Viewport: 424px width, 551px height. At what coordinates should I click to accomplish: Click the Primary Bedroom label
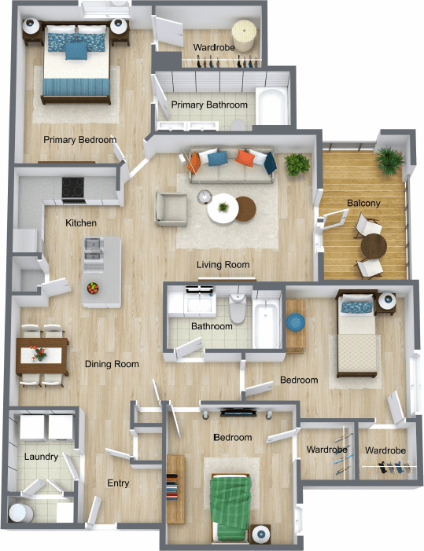click(x=79, y=140)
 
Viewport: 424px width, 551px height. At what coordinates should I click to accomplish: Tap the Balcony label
click(x=363, y=203)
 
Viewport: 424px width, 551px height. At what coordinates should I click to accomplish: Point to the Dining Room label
click(x=112, y=364)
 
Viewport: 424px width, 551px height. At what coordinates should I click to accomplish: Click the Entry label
click(x=118, y=483)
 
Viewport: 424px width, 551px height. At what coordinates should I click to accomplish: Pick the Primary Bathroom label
click(x=209, y=105)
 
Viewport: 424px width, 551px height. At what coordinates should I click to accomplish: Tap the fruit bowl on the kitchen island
click(x=94, y=288)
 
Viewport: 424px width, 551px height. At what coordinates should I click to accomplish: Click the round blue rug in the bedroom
click(x=295, y=323)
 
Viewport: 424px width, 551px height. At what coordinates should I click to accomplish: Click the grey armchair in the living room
click(x=171, y=208)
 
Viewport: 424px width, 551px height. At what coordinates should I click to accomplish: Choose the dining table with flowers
click(x=42, y=354)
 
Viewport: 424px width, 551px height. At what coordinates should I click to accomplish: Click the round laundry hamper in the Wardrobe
click(x=248, y=34)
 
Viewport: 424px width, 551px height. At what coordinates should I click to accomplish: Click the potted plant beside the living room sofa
click(x=297, y=164)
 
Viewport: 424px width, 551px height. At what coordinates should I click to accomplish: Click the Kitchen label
click(x=81, y=223)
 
